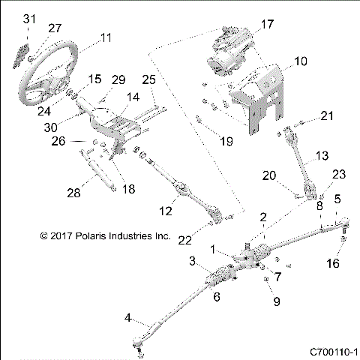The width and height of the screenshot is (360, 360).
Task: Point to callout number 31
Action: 29,18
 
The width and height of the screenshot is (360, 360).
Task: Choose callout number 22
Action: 184,238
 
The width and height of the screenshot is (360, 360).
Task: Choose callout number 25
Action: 148,79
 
